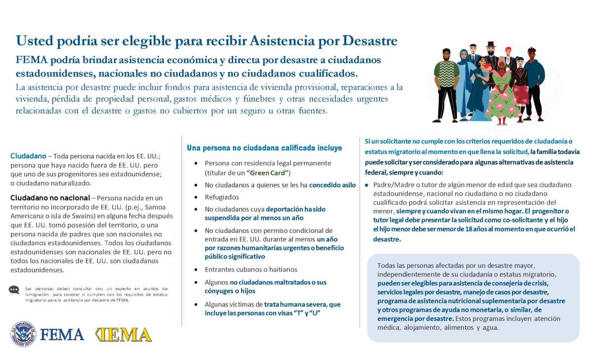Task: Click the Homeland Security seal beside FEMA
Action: pyautogui.click(x=23, y=334)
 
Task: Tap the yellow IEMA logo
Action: pyautogui.click(x=123, y=334)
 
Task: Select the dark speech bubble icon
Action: pyautogui.click(x=14, y=290)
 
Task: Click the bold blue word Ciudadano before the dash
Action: pyautogui.click(x=28, y=156)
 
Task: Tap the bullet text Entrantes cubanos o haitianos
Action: pyautogui.click(x=251, y=270)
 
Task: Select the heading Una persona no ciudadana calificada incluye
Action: pyautogui.click(x=264, y=148)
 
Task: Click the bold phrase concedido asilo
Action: pyautogui.click(x=332, y=185)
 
